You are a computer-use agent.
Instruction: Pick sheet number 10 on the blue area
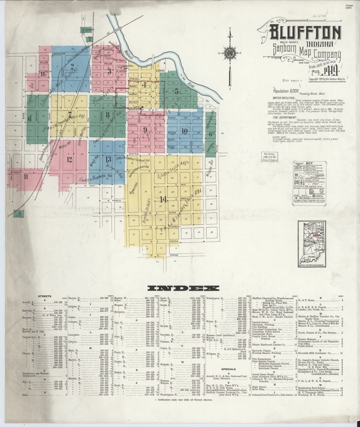click(x=184, y=131)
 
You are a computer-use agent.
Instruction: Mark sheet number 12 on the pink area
click(x=69, y=159)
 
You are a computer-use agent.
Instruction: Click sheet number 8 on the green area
click(x=107, y=115)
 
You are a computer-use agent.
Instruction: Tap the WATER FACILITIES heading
click(x=282, y=97)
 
